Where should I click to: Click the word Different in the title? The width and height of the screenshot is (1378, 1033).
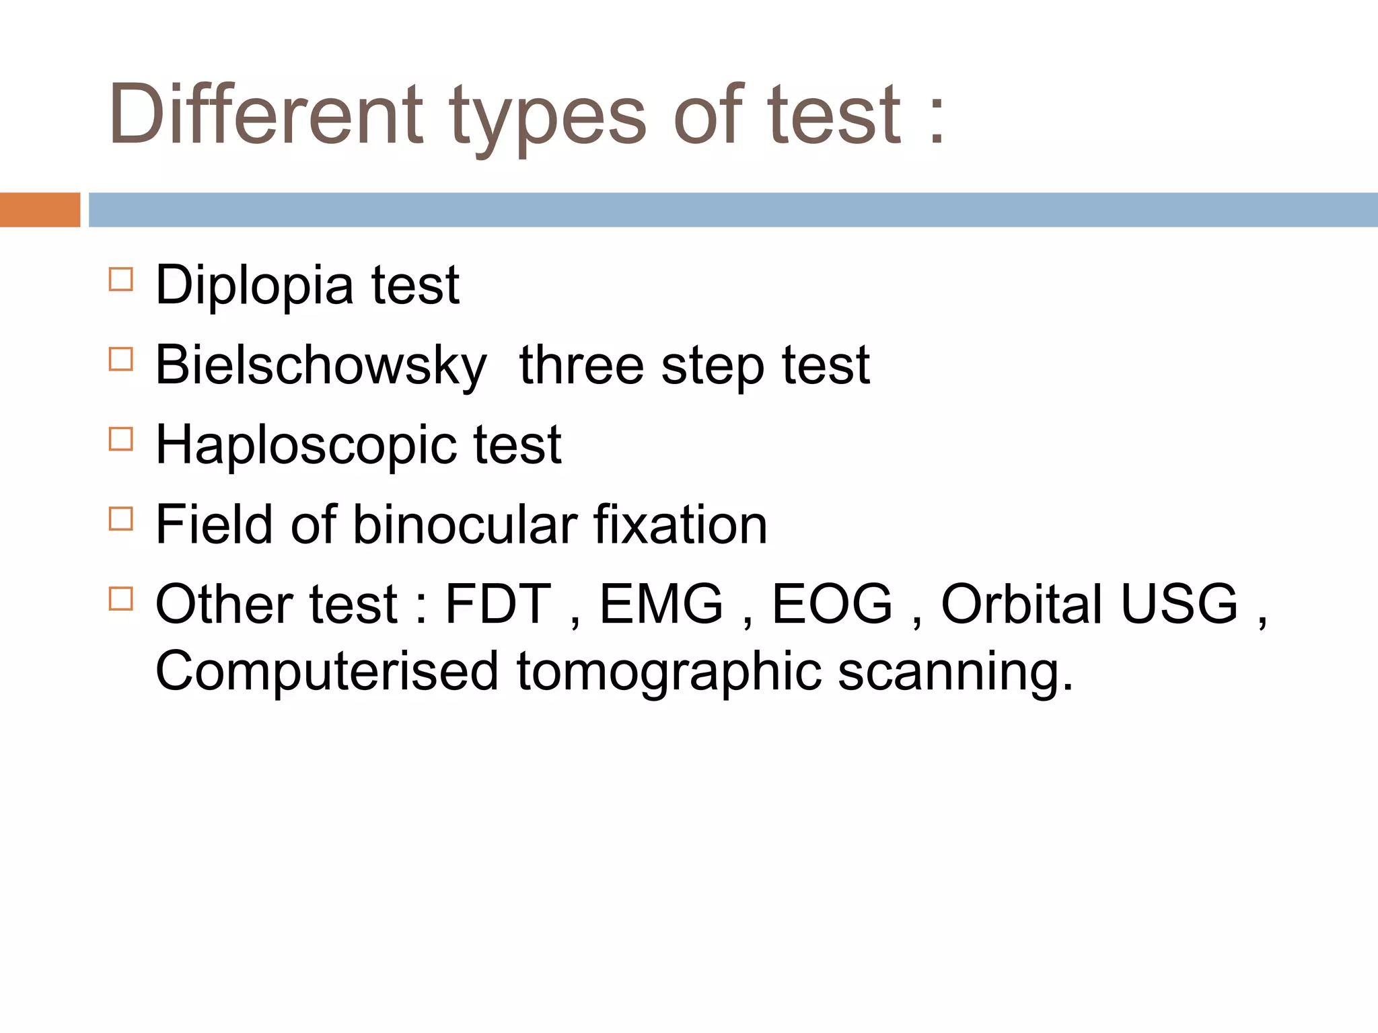(x=266, y=114)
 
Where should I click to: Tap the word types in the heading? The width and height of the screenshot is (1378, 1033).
(x=548, y=118)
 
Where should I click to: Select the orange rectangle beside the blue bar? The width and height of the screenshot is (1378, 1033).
(x=40, y=210)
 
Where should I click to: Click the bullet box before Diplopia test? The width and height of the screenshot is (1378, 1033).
(x=121, y=279)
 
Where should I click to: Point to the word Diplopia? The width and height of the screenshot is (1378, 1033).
(x=254, y=286)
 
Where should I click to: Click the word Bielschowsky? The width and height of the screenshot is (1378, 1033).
(x=320, y=365)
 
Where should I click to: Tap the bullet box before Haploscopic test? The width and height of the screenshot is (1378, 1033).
(x=121, y=439)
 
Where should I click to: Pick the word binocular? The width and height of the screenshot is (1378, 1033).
(x=465, y=525)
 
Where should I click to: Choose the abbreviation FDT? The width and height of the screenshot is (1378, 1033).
(x=498, y=604)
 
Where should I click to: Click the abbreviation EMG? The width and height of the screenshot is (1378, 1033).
(x=661, y=604)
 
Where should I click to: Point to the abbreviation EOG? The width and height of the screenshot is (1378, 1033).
(x=832, y=604)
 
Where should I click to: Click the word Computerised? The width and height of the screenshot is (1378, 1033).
(x=327, y=671)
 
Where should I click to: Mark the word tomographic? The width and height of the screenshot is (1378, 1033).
(x=669, y=673)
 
